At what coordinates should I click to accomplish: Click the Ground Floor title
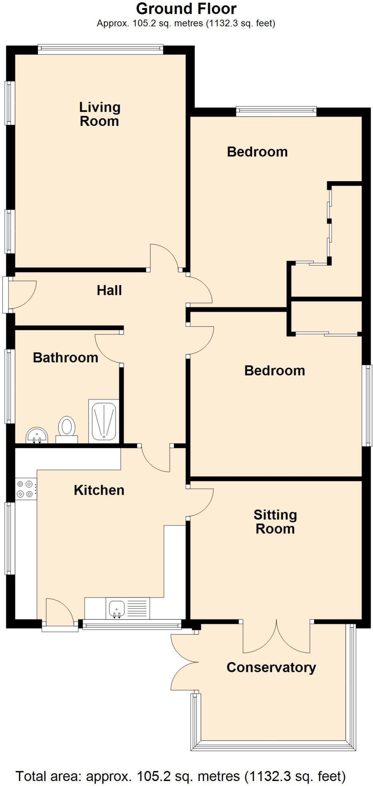pyautogui.click(x=186, y=8)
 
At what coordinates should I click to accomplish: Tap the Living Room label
pyautogui.click(x=99, y=114)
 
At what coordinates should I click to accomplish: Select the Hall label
pyautogui.click(x=109, y=291)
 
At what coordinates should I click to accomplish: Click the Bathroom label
pyautogui.click(x=66, y=358)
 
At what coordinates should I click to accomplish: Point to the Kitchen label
pyautogui.click(x=99, y=490)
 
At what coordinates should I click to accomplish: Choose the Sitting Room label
pyautogui.click(x=275, y=522)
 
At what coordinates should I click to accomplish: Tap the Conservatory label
pyautogui.click(x=271, y=667)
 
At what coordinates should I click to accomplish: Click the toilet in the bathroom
pyautogui.click(x=67, y=428)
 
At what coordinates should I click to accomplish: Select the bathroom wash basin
pyautogui.click(x=37, y=436)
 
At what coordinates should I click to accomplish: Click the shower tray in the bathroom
pyautogui.click(x=104, y=421)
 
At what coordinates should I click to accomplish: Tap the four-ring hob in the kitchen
pyautogui.click(x=26, y=489)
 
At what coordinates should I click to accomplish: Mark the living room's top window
pyautogui.click(x=101, y=48)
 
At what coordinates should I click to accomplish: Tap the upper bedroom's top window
pyautogui.click(x=276, y=111)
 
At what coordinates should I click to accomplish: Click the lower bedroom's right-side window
pyautogui.click(x=368, y=405)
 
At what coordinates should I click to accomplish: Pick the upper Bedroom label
pyautogui.click(x=257, y=152)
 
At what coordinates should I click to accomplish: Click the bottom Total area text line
pyautogui.click(x=180, y=776)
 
